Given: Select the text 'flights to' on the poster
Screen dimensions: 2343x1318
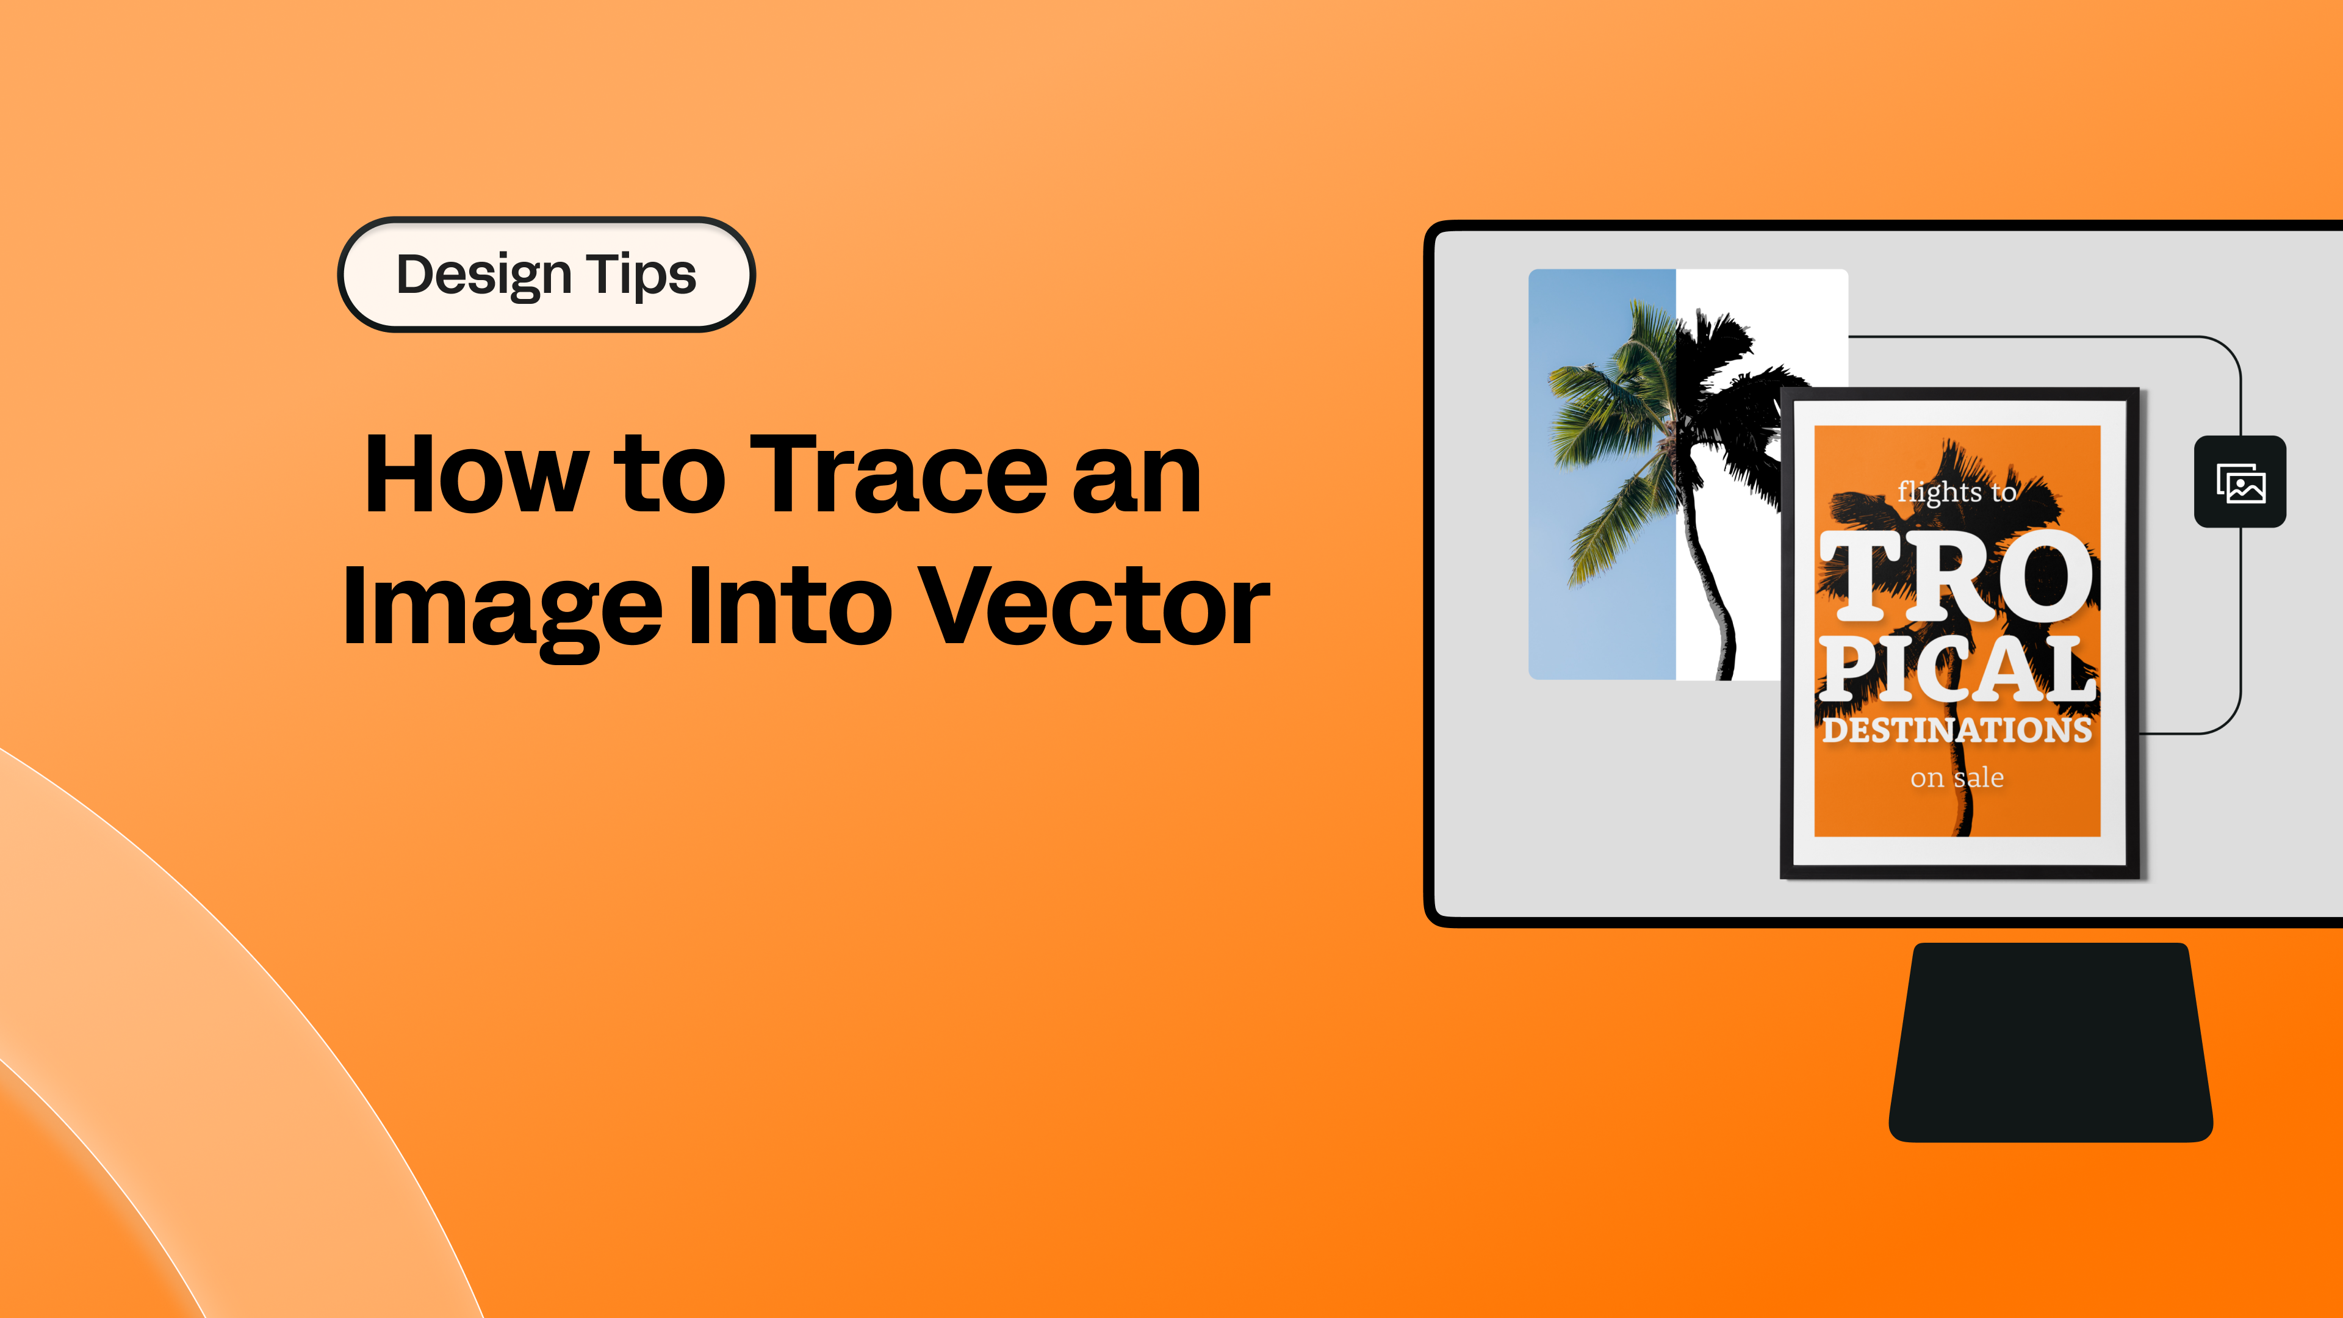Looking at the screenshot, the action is pos(1956,492).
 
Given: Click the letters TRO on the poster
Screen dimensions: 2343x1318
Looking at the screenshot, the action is pos(1956,577).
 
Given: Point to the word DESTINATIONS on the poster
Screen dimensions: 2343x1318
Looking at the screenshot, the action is pos(1957,730).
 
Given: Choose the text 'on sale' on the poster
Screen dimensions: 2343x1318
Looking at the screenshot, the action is pos(1956,778).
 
